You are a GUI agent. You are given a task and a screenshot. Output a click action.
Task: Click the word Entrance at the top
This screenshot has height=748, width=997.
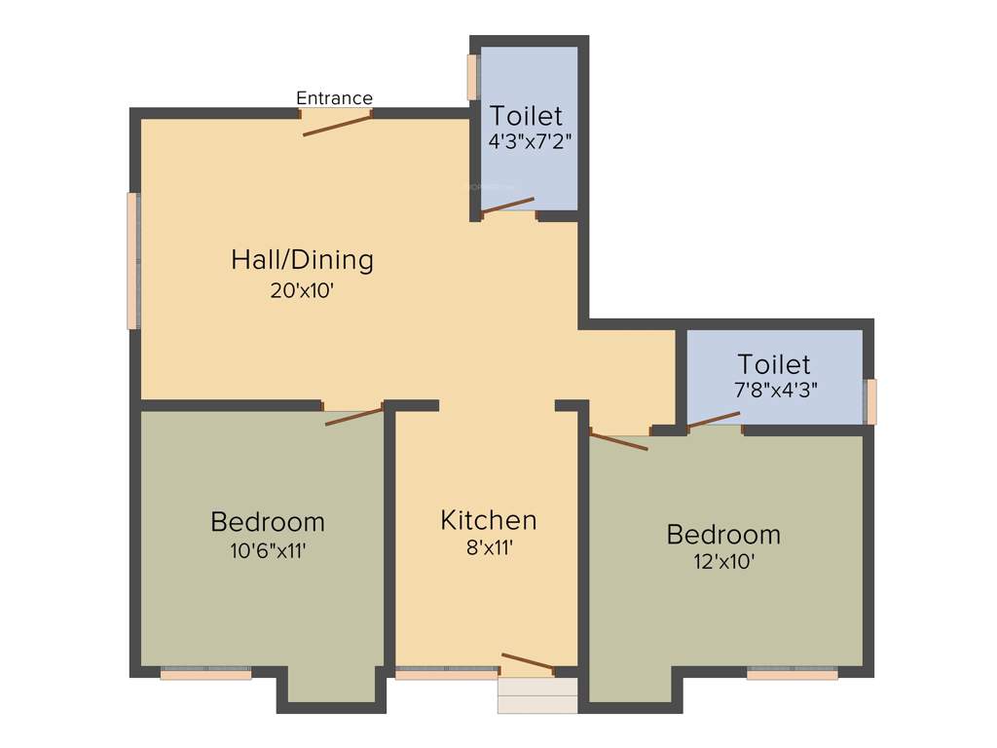(x=334, y=98)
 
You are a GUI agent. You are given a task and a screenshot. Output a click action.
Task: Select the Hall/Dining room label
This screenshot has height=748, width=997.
(x=302, y=260)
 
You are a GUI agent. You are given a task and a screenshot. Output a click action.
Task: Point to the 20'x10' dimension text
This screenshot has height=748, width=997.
(x=302, y=290)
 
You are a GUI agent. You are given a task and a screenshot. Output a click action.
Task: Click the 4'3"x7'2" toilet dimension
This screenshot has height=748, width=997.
(x=529, y=140)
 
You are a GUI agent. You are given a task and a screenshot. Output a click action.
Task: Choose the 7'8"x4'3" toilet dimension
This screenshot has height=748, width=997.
(x=774, y=388)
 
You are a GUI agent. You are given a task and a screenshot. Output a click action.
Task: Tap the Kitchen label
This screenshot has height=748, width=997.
(x=488, y=520)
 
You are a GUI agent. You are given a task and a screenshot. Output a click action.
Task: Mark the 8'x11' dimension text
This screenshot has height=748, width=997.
(x=489, y=547)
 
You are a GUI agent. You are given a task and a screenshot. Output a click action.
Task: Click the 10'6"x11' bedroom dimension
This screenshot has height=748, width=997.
(x=268, y=550)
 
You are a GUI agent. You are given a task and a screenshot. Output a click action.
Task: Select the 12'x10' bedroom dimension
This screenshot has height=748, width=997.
(x=723, y=561)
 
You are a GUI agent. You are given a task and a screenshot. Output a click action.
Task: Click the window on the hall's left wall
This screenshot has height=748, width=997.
(x=132, y=261)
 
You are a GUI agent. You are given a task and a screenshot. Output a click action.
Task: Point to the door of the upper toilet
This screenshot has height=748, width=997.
(x=507, y=205)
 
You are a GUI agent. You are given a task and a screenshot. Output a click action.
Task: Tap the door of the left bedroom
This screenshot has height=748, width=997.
(x=353, y=416)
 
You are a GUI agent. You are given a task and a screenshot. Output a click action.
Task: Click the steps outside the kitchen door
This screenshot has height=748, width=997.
(x=536, y=695)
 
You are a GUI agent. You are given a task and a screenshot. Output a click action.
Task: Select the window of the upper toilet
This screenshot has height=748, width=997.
(x=473, y=77)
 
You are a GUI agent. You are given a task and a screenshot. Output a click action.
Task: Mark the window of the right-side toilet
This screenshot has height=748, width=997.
(x=870, y=402)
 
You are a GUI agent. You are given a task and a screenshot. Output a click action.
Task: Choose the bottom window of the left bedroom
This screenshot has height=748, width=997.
(x=205, y=672)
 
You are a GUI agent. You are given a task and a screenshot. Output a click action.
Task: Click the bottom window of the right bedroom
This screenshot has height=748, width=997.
(x=792, y=672)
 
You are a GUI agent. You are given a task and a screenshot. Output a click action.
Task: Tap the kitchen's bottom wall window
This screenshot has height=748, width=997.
(x=446, y=672)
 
